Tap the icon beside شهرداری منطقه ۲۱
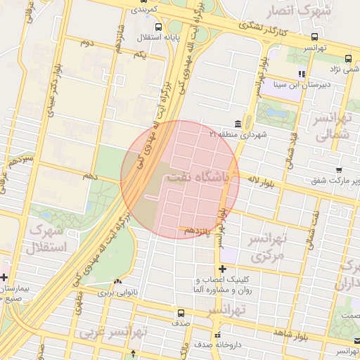coord(247,123)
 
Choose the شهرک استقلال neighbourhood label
coord(46,239)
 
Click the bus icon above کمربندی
coord(135,2)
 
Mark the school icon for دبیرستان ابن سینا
coord(302,73)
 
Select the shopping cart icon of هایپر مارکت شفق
coord(339,169)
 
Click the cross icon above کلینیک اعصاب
coord(222,269)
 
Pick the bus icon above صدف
coord(181,312)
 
